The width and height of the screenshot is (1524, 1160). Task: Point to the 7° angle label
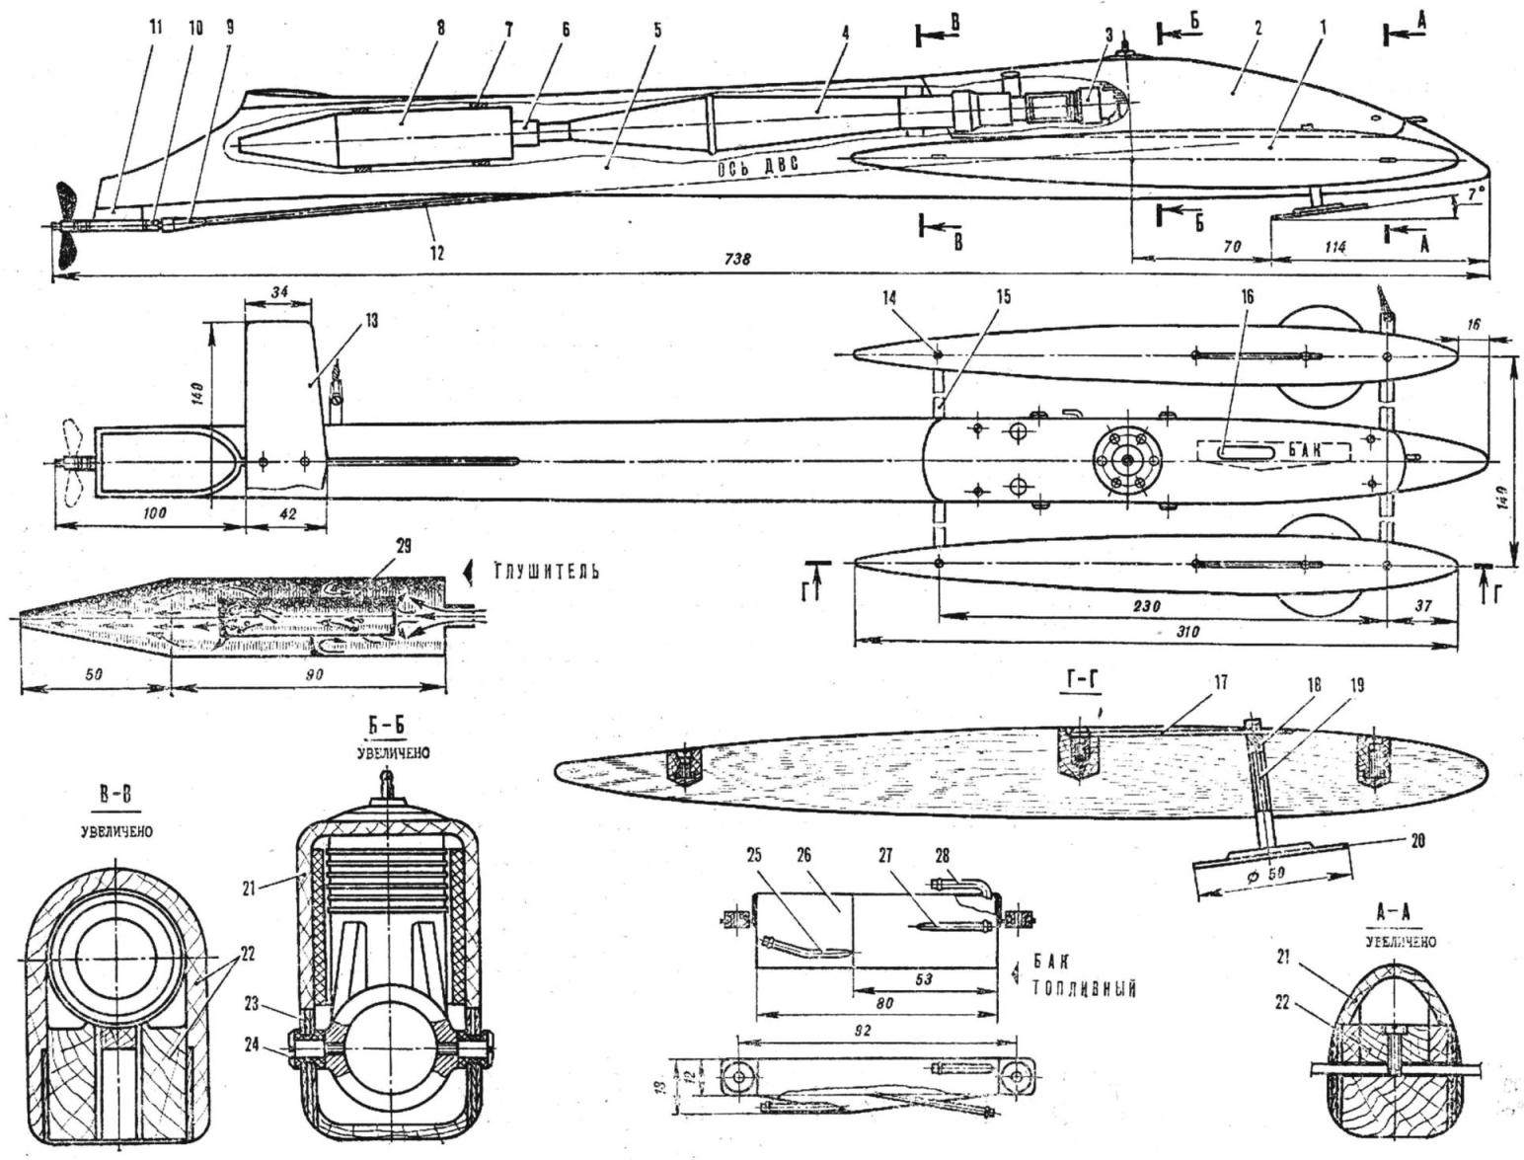click(1474, 195)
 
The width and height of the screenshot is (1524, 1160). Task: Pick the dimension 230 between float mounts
click(1148, 604)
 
